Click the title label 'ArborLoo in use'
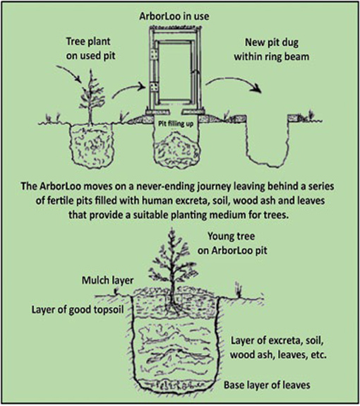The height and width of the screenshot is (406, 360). point(174,16)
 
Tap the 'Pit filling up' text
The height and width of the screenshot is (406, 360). point(176,124)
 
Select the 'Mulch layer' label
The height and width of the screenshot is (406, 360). point(108,280)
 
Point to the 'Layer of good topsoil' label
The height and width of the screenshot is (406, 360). point(78,310)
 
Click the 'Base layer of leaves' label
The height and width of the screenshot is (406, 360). point(267,385)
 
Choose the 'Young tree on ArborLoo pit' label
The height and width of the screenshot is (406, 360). point(232,243)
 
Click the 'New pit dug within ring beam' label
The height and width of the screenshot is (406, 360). point(272,49)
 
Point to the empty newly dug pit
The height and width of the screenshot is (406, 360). point(268,141)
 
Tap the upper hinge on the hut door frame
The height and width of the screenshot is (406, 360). point(155,54)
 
